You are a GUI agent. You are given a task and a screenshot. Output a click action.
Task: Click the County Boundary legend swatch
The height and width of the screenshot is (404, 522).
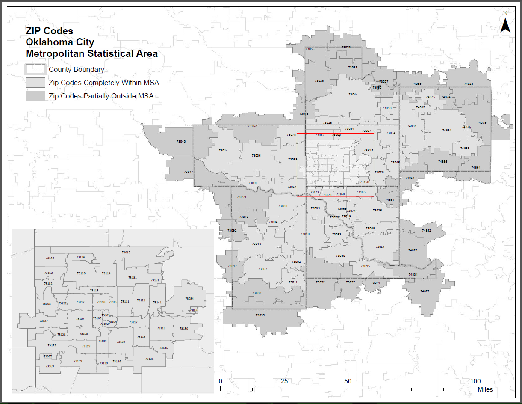click(35, 69)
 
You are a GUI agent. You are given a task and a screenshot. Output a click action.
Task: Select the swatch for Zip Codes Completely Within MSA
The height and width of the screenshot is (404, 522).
click(35, 83)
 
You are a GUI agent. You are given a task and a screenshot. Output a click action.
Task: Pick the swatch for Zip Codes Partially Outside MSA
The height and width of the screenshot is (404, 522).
click(35, 96)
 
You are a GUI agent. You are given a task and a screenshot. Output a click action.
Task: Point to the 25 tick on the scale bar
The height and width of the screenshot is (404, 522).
click(284, 381)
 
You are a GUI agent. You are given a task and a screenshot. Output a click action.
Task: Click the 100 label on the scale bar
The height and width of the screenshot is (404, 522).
click(475, 381)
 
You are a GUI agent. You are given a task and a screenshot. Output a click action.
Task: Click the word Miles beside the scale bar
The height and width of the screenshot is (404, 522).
click(485, 389)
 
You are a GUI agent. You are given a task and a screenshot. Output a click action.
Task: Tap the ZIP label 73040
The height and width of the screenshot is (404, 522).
click(181, 141)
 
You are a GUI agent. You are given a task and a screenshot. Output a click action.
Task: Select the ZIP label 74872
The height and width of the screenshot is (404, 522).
click(425, 291)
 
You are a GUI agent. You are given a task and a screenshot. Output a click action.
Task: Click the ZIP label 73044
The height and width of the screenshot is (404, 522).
click(353, 94)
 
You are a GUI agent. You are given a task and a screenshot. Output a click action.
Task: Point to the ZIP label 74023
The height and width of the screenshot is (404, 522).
click(469, 84)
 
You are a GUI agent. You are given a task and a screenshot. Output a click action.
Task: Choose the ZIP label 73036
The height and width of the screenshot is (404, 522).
click(256, 156)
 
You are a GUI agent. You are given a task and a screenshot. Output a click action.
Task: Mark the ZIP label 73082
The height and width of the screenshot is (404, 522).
click(257, 293)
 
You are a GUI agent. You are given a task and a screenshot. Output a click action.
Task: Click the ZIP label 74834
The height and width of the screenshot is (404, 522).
click(447, 130)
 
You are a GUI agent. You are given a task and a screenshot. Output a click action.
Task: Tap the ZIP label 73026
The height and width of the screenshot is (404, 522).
click(377, 210)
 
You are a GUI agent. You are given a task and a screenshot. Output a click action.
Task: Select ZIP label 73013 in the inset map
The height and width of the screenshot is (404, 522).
click(126, 253)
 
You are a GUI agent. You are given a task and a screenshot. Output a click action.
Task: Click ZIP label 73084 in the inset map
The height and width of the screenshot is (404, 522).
click(189, 299)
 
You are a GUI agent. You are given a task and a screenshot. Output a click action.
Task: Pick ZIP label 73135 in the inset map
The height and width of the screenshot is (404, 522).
click(149, 359)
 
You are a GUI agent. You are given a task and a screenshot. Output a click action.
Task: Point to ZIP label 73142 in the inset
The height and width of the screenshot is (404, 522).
click(50, 258)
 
